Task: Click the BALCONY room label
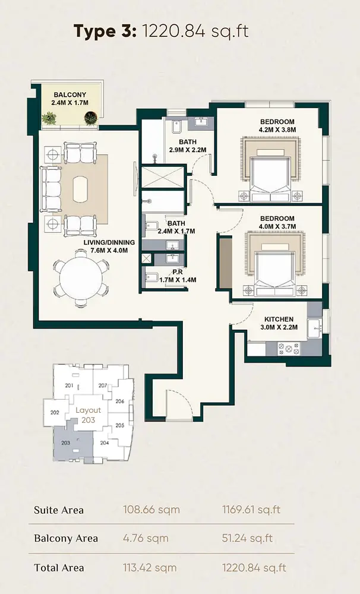pos(70,94)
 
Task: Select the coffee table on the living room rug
pos(80,189)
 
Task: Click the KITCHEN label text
pos(279,320)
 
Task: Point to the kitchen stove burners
pos(289,349)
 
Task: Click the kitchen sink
pos(314,328)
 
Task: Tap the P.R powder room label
pos(178,272)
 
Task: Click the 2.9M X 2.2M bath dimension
pos(188,150)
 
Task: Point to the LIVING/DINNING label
pos(109,242)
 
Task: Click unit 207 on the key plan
pos(102,386)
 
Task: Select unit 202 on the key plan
pos(55,412)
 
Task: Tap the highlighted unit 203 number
pos(65,443)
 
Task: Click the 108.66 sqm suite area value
pos(151,510)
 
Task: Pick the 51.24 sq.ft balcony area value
pos(247,538)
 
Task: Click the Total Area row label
pos(59,567)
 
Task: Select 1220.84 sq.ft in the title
pos(195,31)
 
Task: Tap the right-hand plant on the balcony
pos(91,118)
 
